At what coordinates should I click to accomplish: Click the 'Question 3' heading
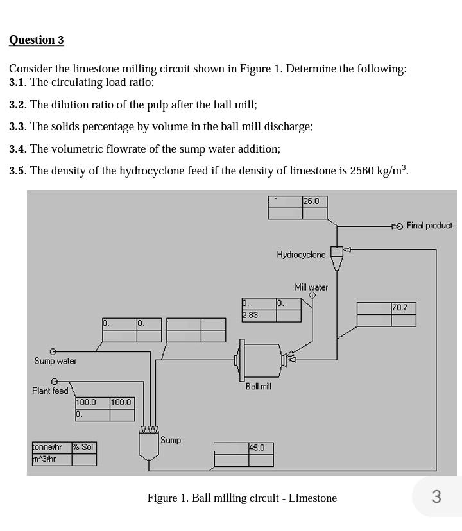(36, 40)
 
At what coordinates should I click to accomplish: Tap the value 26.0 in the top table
(311, 201)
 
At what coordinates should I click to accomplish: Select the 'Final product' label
(429, 226)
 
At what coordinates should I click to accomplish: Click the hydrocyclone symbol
(337, 257)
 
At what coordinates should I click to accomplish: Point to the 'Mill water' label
(311, 287)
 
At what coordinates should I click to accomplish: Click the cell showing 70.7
(400, 308)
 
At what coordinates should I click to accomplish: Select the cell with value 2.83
(250, 315)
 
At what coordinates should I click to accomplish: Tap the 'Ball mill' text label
(258, 386)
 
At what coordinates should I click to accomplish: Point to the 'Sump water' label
(55, 361)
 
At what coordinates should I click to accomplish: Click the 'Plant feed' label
(50, 391)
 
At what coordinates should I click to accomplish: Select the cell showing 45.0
(257, 448)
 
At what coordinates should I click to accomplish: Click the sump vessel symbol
(149, 445)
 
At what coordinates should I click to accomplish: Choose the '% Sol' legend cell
(83, 447)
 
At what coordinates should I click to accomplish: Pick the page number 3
(436, 496)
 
